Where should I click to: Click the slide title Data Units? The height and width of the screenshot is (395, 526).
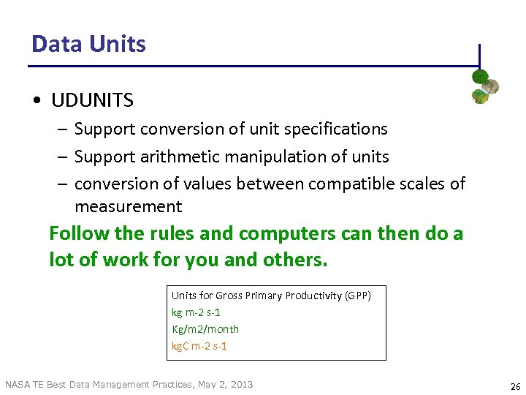point(88,44)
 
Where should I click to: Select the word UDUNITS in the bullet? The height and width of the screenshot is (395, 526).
point(92,99)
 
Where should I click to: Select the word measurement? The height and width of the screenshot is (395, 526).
point(128,207)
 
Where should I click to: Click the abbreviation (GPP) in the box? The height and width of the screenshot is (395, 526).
point(358,296)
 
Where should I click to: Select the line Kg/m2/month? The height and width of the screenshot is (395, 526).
point(205,329)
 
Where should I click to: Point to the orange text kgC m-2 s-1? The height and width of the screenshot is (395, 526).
point(199,346)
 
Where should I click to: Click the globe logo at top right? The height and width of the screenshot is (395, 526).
point(484,86)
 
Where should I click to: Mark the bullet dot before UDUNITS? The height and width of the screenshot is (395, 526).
point(36,100)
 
